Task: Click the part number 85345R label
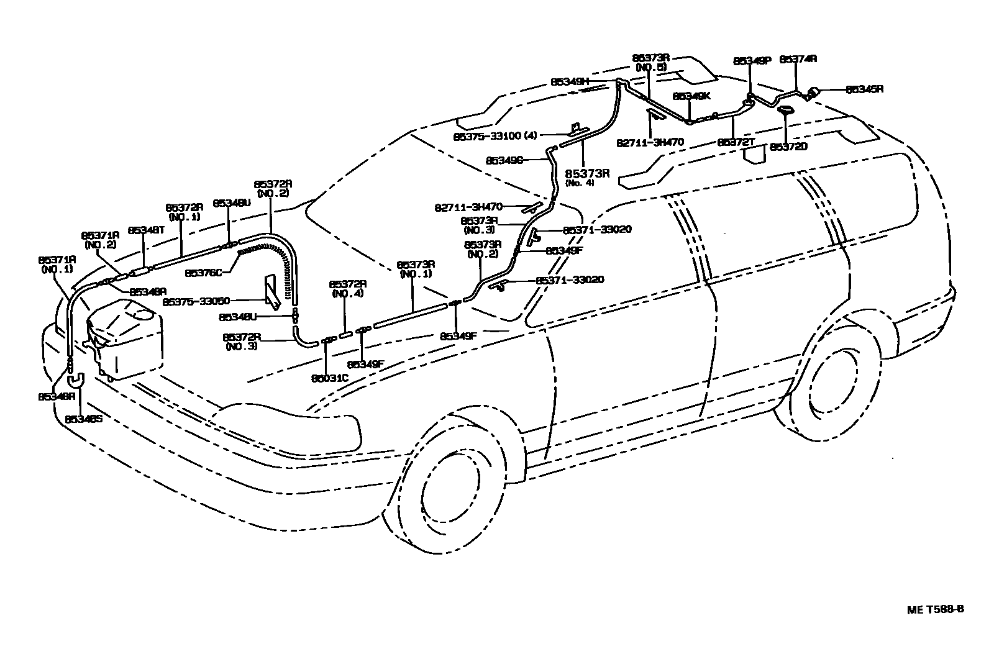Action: pyautogui.click(x=864, y=89)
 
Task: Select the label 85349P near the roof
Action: pyautogui.click(x=752, y=61)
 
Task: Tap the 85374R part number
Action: pyautogui.click(x=798, y=60)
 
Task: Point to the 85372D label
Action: pyautogui.click(x=788, y=147)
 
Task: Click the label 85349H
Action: pyautogui.click(x=569, y=81)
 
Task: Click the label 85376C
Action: pyautogui.click(x=203, y=272)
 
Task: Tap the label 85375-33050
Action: pyautogui.click(x=196, y=301)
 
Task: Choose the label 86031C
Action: pyautogui.click(x=329, y=377)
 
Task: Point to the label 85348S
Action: pyautogui.click(x=83, y=419)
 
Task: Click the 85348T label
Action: pyautogui.click(x=145, y=230)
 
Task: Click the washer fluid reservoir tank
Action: pyautogui.click(x=127, y=338)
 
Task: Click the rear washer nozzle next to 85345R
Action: pyautogui.click(x=811, y=94)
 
